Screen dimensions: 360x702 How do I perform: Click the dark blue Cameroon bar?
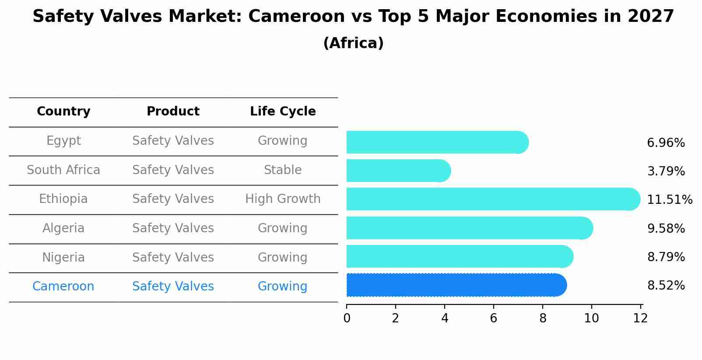pos(455,285)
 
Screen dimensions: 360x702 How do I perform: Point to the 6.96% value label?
pos(665,143)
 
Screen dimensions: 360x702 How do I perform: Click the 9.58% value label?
pos(665,228)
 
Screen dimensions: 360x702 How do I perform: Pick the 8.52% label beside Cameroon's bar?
pos(665,286)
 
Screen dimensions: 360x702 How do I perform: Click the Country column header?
pos(63,112)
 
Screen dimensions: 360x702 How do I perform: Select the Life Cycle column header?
pos(283,112)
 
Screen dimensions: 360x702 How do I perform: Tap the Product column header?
pos(173,112)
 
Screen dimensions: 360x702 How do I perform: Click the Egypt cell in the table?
pos(63,141)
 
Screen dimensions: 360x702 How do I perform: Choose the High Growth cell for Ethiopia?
pos(283,199)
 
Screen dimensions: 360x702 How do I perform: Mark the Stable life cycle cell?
pos(283,170)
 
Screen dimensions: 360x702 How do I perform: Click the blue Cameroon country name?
pos(63,287)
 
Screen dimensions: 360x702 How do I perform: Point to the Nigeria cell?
pos(63,258)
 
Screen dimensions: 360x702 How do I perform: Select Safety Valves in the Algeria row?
pos(173,228)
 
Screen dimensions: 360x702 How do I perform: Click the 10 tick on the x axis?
pos(591,318)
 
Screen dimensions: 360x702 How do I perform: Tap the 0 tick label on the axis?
pos(347,318)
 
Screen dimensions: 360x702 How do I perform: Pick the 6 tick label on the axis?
pos(494,318)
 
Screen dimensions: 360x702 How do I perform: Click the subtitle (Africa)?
pos(353,43)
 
